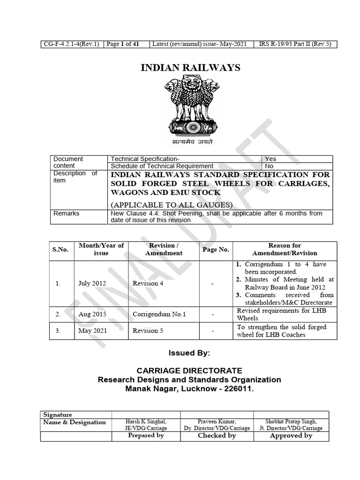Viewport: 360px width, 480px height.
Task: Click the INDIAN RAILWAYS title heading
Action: pos(190,68)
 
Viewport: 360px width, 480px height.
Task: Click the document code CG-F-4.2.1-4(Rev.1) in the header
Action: pos(71,45)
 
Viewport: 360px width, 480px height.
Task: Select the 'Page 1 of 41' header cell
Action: pos(123,45)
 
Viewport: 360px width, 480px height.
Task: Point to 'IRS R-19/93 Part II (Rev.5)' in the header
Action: pos(295,45)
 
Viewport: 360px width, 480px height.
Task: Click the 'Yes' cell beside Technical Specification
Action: pos(270,159)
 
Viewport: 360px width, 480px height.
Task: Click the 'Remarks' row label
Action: pos(67,213)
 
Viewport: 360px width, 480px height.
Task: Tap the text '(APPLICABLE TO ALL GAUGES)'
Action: pos(172,204)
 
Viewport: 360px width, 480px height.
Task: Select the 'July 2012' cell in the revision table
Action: pos(92,284)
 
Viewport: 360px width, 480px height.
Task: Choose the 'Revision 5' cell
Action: pos(148,330)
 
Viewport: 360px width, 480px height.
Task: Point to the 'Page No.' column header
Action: pos(216,249)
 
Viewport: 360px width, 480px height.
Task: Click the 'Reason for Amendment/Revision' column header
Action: pos(285,249)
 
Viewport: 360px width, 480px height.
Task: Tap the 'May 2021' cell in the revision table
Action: pos(93,330)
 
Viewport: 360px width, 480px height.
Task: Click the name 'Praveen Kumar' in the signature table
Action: pos(217,421)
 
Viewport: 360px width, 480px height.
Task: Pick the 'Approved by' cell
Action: pos(291,435)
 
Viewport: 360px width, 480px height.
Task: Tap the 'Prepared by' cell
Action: pos(146,435)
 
